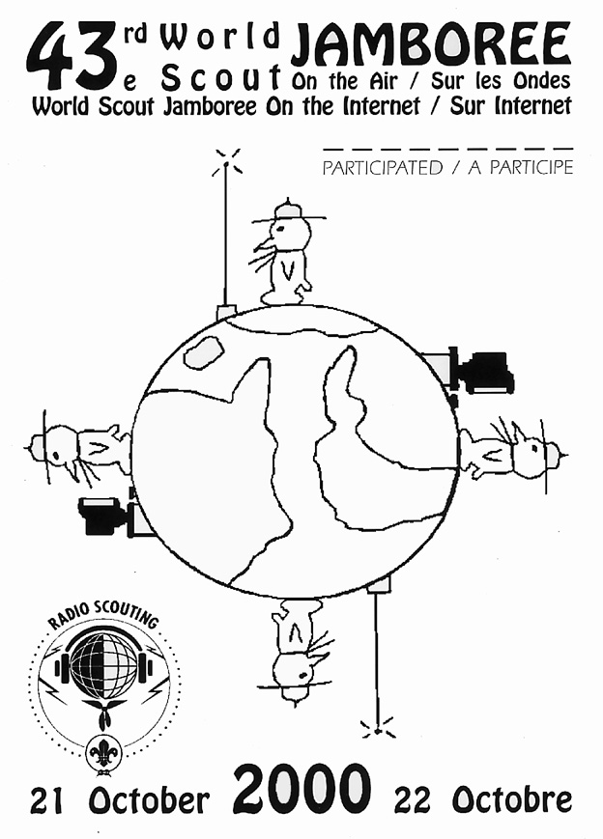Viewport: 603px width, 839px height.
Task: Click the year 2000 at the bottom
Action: tap(302, 789)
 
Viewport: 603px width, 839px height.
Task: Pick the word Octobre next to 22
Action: tap(512, 800)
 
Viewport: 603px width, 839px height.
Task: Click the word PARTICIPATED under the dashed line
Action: tap(383, 167)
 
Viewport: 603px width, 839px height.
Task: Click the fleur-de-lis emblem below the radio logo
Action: tap(101, 756)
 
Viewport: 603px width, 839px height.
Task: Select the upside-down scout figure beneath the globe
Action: tap(296, 650)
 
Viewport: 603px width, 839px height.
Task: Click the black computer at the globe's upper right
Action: tap(486, 371)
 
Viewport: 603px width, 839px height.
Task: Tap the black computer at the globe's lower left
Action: tap(102, 516)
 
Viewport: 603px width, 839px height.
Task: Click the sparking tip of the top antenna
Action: tap(226, 162)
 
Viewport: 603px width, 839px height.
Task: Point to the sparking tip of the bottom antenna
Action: tap(378, 730)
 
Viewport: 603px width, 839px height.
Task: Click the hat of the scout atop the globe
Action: tap(288, 210)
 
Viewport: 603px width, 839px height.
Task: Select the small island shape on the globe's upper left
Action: tap(204, 351)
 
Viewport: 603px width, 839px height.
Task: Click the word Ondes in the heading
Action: tap(541, 81)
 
